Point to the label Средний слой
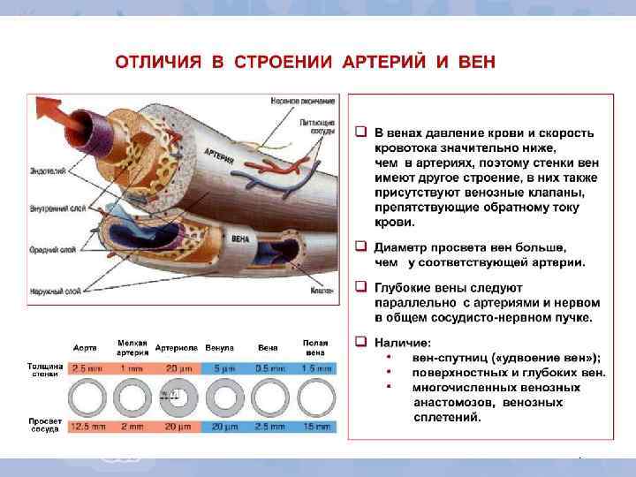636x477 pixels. click(47, 250)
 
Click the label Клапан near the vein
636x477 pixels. click(321, 289)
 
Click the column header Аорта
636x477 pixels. click(85, 347)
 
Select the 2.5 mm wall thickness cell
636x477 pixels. click(86, 367)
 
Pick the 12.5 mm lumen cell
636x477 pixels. click(86, 427)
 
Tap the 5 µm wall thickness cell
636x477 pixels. click(223, 367)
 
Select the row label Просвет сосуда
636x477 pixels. click(43, 426)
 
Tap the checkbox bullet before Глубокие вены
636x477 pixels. click(360, 288)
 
